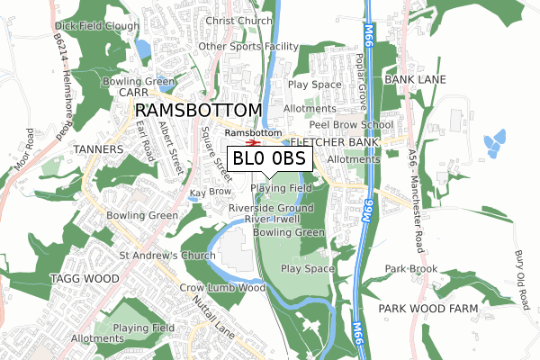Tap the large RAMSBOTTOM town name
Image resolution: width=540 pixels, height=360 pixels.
point(199,110)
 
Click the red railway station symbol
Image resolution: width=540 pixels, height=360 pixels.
point(255,140)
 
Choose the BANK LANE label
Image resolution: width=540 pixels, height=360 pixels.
point(415,80)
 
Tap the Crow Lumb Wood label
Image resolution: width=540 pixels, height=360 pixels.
point(222,288)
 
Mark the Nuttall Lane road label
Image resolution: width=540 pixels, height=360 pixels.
point(213,307)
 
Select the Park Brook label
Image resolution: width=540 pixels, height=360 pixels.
point(411,269)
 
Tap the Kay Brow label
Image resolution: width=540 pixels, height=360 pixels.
point(210,193)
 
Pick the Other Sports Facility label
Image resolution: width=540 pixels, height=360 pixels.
point(247,46)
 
